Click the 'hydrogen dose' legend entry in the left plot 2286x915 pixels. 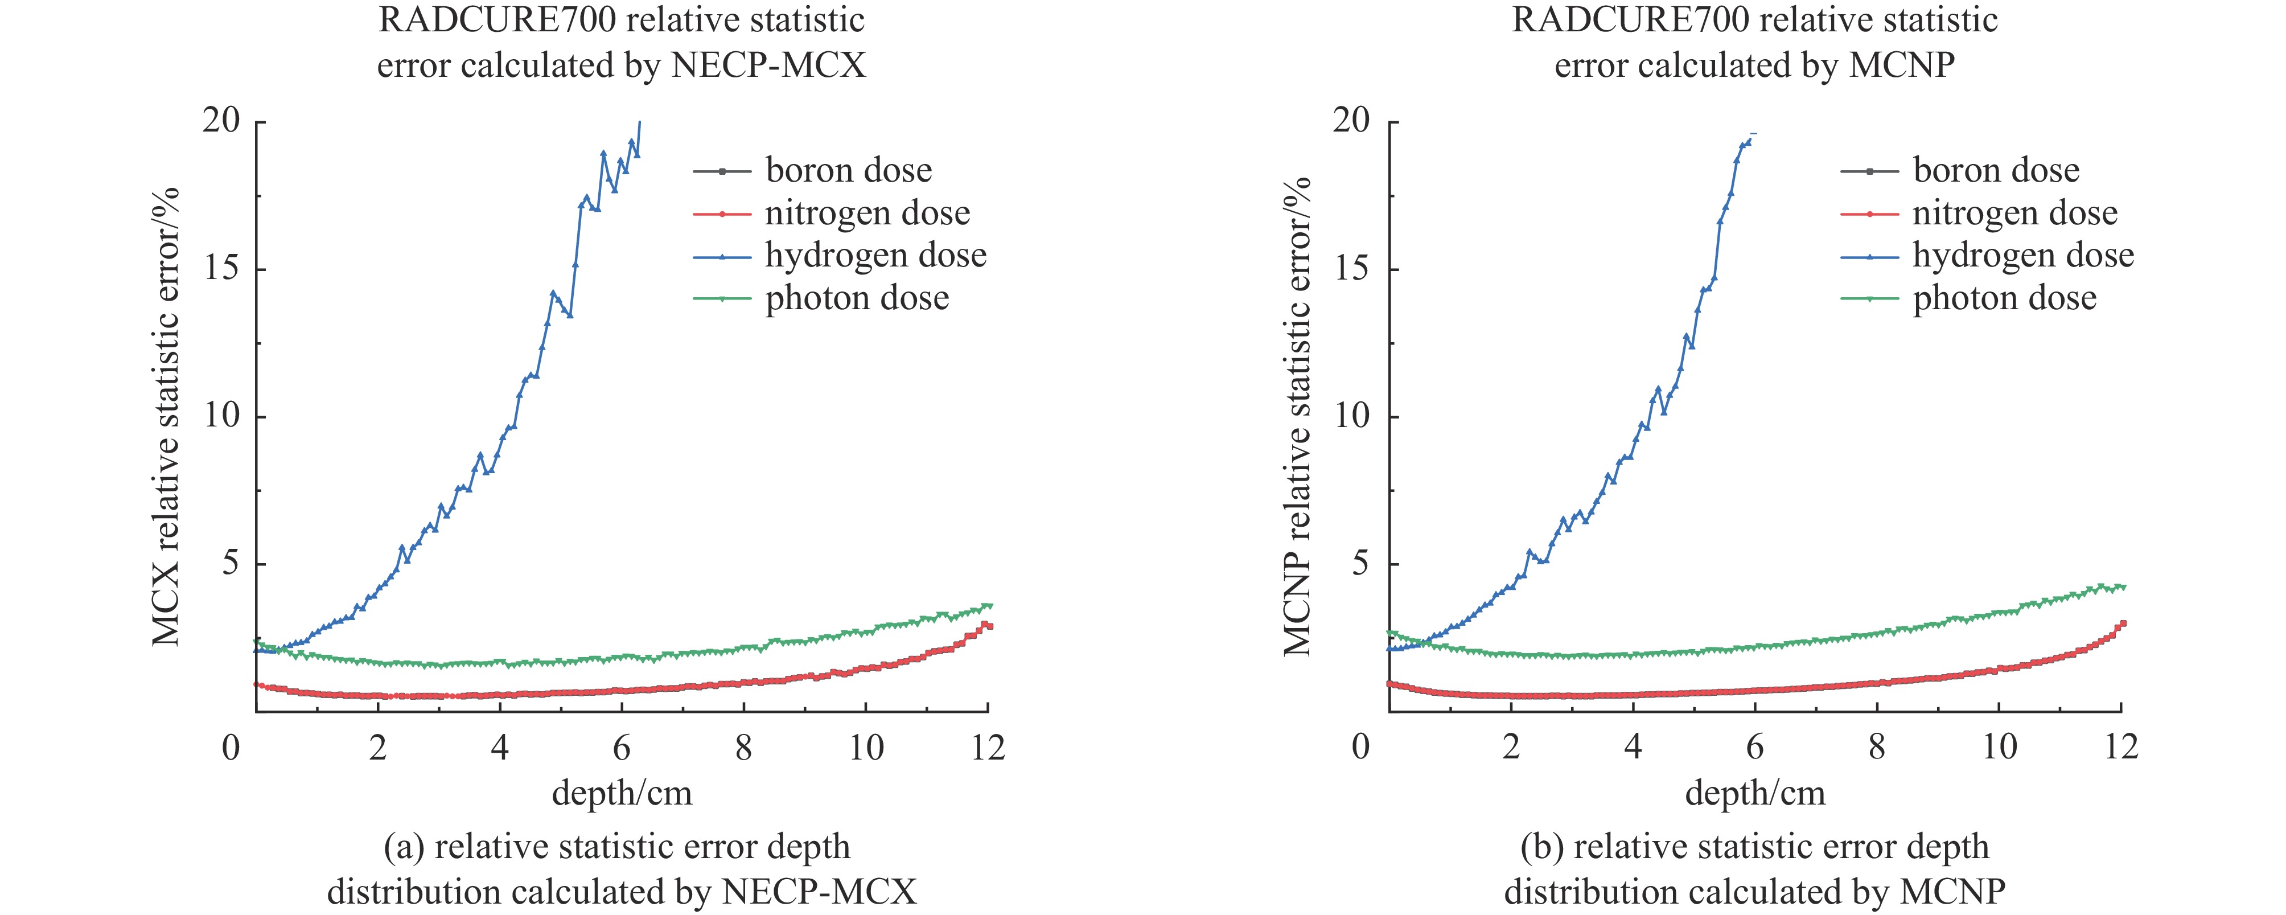click(875, 256)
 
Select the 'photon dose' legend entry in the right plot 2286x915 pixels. click(2004, 298)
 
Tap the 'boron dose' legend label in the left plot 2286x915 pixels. click(848, 170)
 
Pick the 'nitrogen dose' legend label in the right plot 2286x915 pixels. click(2014, 213)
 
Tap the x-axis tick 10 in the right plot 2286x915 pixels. click(1999, 748)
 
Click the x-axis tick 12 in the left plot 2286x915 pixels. click(987, 748)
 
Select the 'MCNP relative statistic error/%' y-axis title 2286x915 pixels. click(1297, 417)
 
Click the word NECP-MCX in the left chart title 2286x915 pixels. click(768, 65)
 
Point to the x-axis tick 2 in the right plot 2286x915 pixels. click(1510, 748)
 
